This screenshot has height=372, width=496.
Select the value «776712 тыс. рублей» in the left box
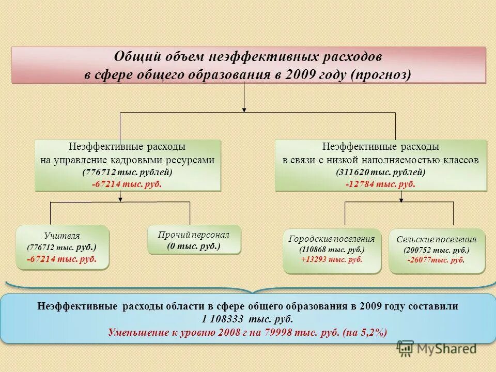[127, 172]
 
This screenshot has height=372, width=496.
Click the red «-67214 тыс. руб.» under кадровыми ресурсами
[127, 184]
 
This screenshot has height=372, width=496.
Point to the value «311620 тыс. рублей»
[381, 172]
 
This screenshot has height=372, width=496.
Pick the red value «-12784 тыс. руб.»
[381, 184]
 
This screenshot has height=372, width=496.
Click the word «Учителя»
[62, 236]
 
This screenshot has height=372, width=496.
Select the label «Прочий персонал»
[194, 235]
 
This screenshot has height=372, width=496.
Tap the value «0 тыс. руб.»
[194, 246]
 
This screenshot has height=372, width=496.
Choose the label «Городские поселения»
[332, 239]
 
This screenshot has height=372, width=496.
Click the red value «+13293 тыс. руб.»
[332, 259]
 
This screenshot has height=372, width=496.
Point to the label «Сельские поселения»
[437, 240]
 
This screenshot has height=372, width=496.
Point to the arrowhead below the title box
[244, 109]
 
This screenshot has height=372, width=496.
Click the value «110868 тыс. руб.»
[332, 249]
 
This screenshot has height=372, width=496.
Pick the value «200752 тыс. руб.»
[437, 250]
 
